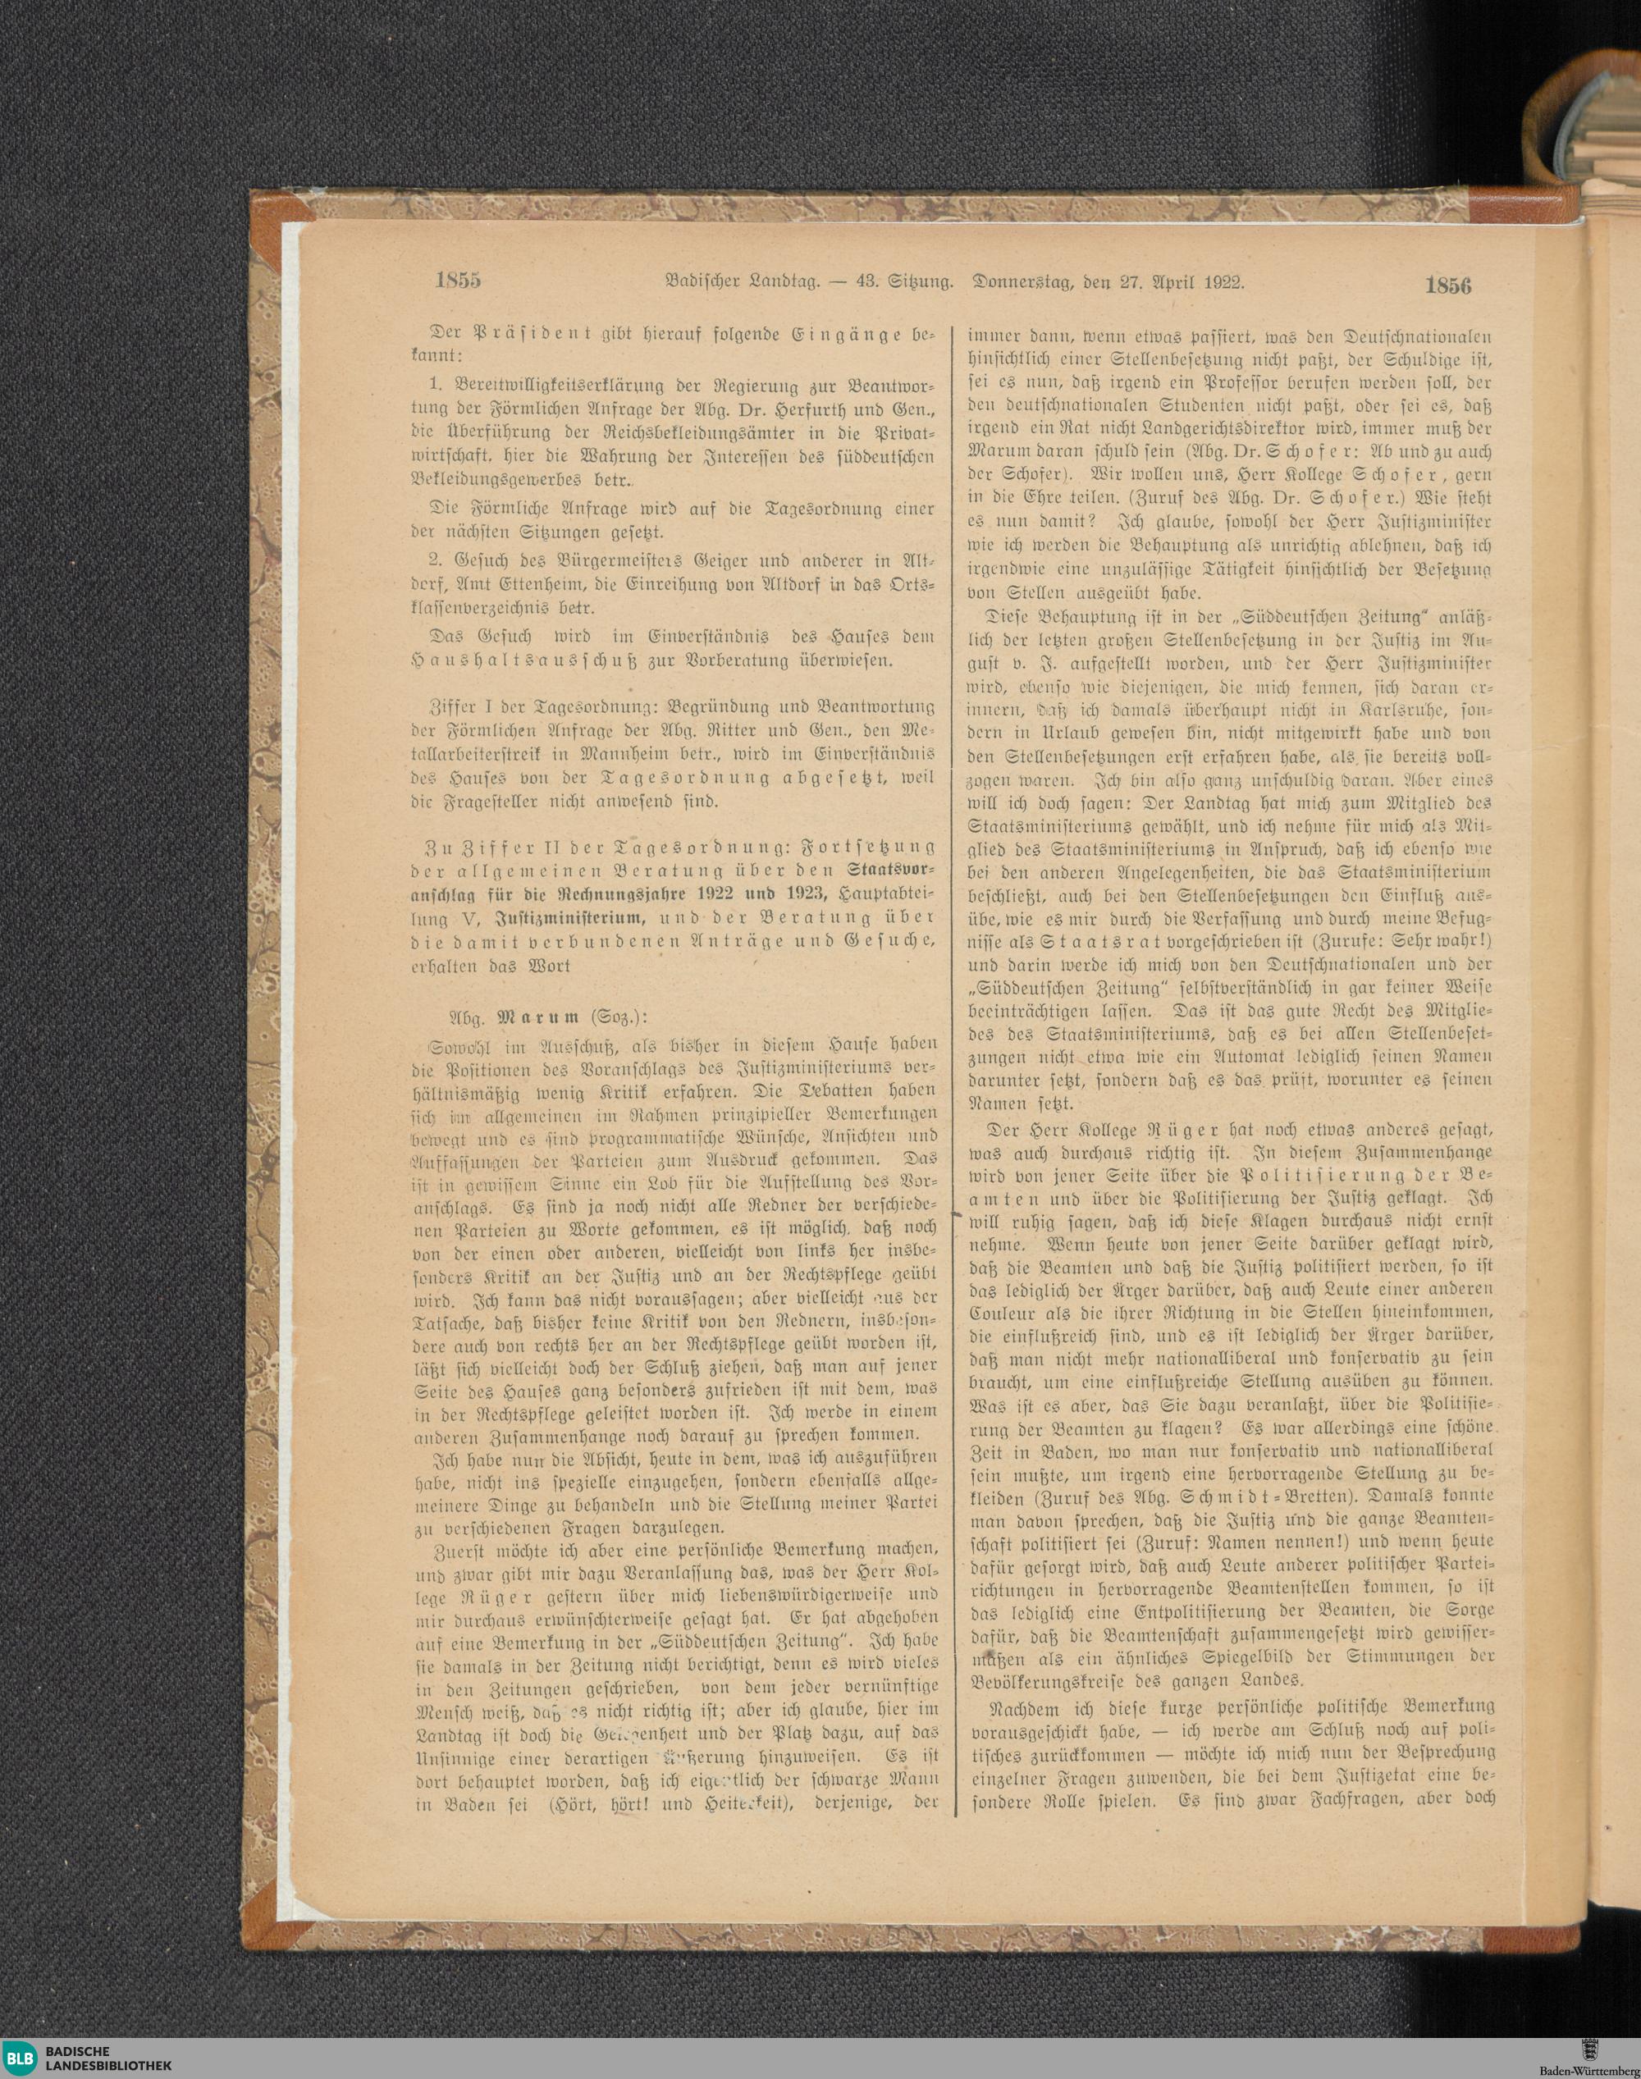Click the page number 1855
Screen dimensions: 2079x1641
pos(456,282)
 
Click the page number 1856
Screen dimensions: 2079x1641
pos(1449,286)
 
